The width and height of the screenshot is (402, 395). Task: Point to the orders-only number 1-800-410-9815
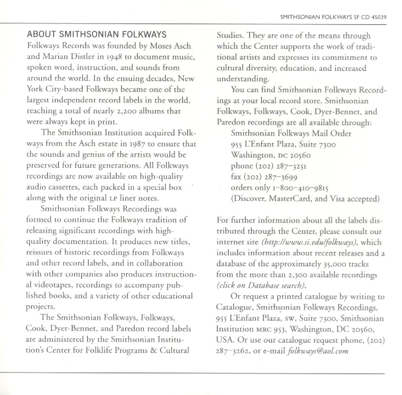pyautogui.click(x=301, y=187)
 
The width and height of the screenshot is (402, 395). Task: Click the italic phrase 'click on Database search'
pyautogui.click(x=261, y=285)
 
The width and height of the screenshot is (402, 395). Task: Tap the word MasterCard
pyautogui.click(x=289, y=198)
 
